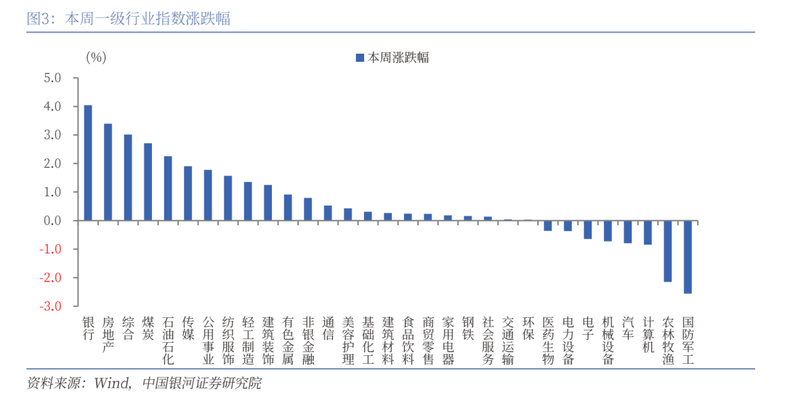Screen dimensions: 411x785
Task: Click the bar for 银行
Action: [x=88, y=163]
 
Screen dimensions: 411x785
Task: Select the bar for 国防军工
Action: [x=688, y=257]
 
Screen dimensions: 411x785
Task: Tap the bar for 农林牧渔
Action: [x=667, y=251]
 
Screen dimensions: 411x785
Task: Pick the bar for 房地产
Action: [x=108, y=172]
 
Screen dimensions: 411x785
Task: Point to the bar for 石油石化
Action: [x=168, y=188]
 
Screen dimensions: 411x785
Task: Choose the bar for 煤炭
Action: [x=148, y=182]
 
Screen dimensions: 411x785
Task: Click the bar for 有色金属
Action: [x=288, y=208]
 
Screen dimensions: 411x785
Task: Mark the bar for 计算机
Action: [x=648, y=232]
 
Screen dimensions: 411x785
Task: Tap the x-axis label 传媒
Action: [x=188, y=327]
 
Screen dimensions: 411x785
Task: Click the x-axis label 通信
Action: [x=328, y=327]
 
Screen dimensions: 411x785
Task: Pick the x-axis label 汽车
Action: [x=628, y=327]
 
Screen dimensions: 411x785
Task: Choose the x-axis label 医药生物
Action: [x=548, y=339]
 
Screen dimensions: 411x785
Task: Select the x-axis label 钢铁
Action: [x=468, y=327]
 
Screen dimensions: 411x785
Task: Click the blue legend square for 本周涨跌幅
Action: [x=359, y=57]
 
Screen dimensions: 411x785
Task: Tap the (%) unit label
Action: [x=96, y=57]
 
